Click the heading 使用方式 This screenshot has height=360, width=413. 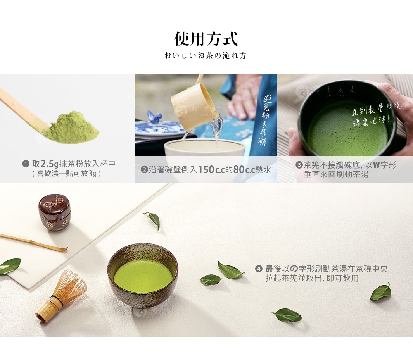(x=206, y=39)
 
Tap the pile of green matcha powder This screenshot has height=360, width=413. (x=71, y=128)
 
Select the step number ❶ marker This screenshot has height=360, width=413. (x=26, y=164)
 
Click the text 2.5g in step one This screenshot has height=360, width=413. (x=50, y=164)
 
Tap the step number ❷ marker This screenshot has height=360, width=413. (x=144, y=170)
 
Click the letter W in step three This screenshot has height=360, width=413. (x=376, y=165)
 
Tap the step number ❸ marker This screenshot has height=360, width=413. (x=299, y=165)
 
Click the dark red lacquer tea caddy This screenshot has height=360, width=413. (x=54, y=212)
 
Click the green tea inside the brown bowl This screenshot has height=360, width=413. (x=143, y=276)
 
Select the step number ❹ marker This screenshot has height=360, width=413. (x=259, y=269)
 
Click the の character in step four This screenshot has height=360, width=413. (x=294, y=269)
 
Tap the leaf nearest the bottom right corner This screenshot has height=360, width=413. (x=380, y=293)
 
